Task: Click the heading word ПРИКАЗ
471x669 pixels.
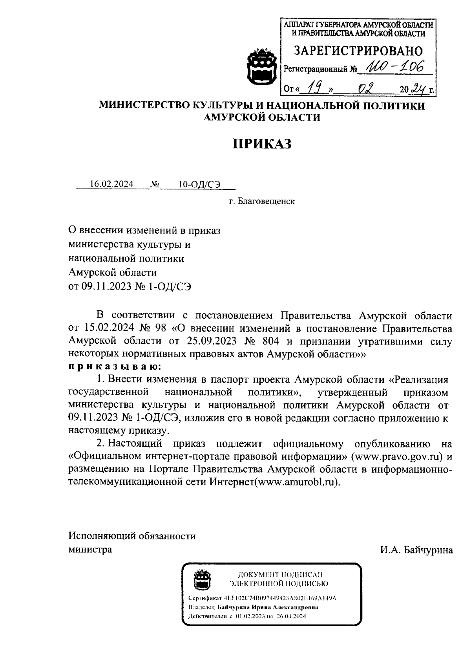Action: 263,144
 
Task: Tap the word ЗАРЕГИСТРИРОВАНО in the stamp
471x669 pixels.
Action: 358,51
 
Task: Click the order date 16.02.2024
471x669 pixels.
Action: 111,184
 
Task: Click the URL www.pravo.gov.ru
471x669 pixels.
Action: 397,456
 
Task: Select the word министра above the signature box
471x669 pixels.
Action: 90,549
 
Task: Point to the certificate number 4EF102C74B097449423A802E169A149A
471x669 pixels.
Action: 280,598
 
